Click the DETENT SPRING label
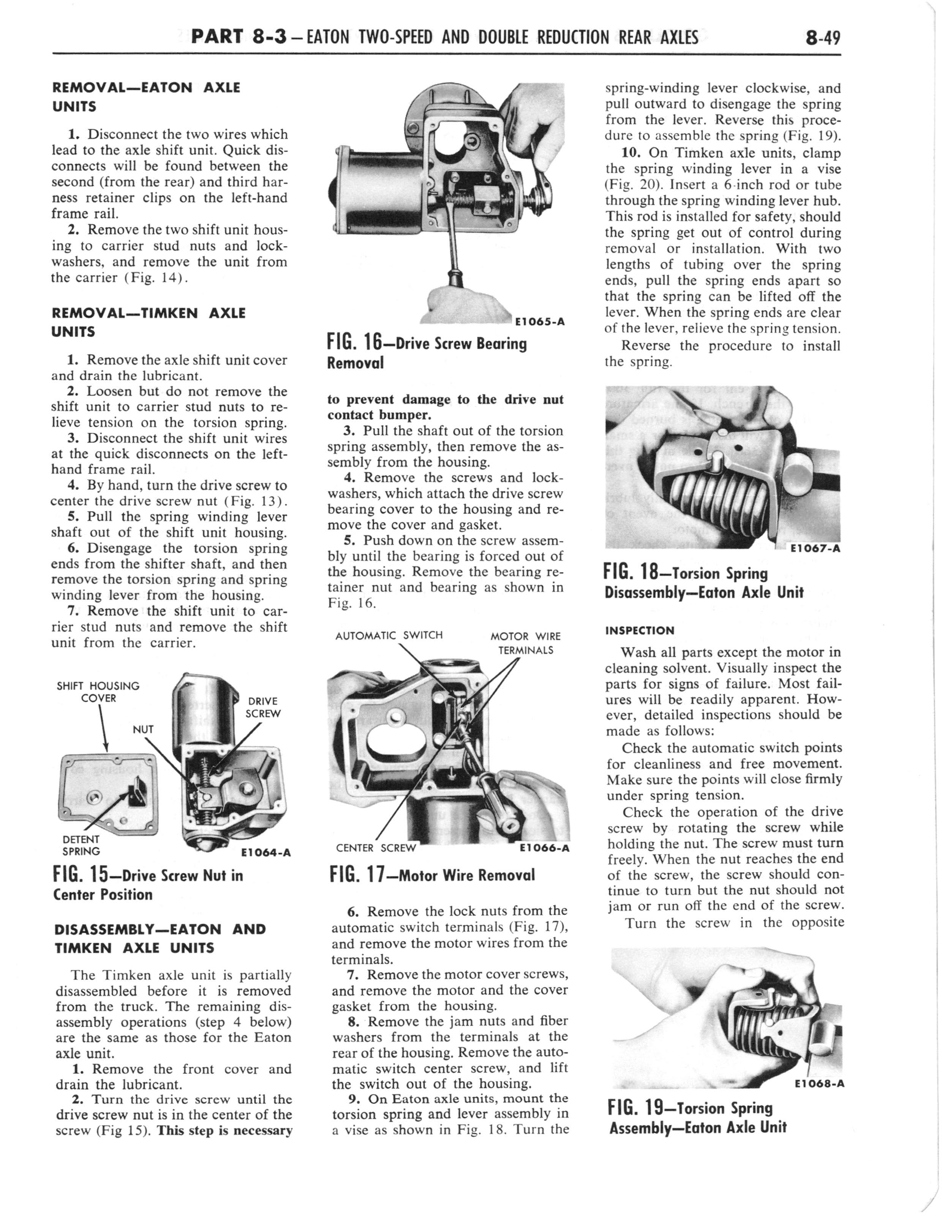pyautogui.click(x=81, y=845)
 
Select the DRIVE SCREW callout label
pyautogui.click(x=262, y=707)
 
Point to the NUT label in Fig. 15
pyautogui.click(x=143, y=729)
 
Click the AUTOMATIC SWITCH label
pyautogui.click(x=389, y=635)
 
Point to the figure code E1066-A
pyautogui.click(x=544, y=848)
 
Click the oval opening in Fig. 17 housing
pyautogui.click(x=398, y=743)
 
